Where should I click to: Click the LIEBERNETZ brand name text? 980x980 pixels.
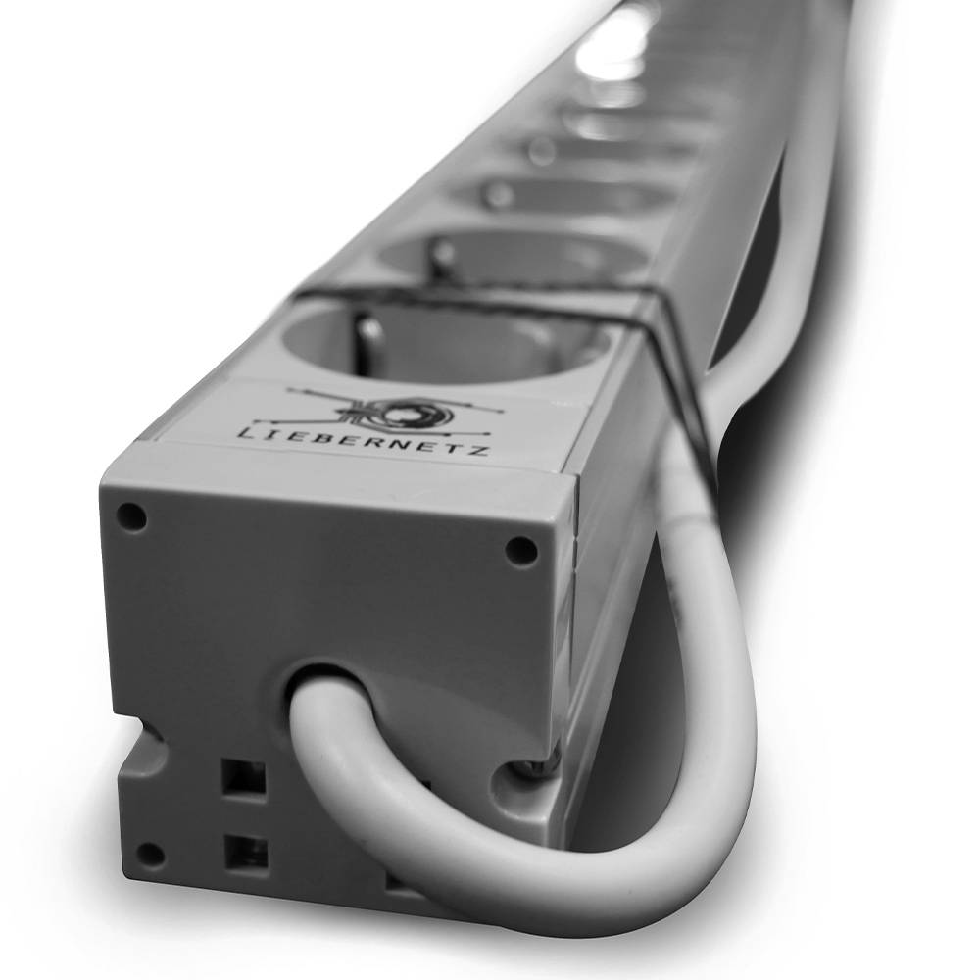pos(364,441)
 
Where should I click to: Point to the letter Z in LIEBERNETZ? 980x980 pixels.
pos(481,450)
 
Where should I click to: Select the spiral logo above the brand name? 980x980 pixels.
pos(394,411)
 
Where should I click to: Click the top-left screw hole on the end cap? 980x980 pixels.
pos(133,516)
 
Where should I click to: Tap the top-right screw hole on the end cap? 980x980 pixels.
pos(520,550)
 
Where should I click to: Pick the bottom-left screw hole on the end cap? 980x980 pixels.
pos(150,854)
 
